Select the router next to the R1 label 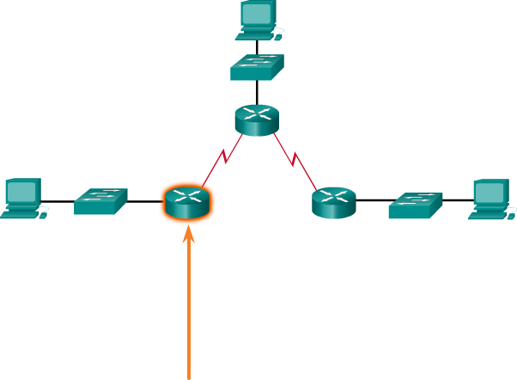tap(257, 120)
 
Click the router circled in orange tap(186, 202)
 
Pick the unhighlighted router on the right tap(333, 202)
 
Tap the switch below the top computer tap(257, 67)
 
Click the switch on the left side tap(100, 201)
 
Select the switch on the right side tap(415, 205)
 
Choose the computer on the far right tap(492, 199)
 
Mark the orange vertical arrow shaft tap(189, 318)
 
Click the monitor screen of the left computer tap(22, 190)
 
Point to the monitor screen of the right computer tap(490, 191)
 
